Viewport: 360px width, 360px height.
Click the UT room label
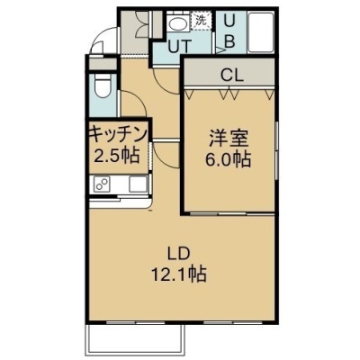click(179, 47)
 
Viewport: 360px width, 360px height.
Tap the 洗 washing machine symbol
click(201, 20)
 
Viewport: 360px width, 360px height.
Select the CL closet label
click(231, 76)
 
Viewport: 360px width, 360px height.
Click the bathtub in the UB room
click(260, 32)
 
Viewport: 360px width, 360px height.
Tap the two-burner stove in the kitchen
click(102, 184)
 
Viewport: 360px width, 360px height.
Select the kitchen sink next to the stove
click(139, 184)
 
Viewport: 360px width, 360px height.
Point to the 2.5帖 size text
click(117, 156)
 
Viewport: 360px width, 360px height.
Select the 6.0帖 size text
click(228, 159)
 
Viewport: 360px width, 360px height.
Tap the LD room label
click(179, 254)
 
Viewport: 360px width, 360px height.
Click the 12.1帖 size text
click(179, 274)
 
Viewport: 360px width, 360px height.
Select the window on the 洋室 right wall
click(277, 151)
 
